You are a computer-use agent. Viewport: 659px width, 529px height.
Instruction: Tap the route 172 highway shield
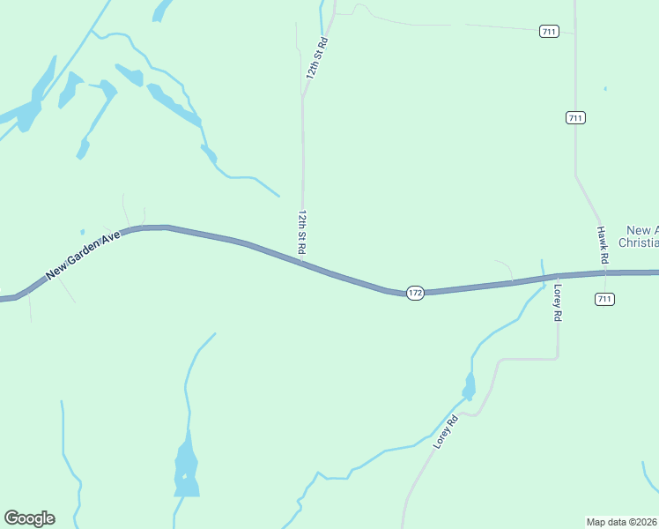click(x=416, y=292)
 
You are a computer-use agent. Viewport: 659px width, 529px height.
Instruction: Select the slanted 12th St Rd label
click(x=317, y=58)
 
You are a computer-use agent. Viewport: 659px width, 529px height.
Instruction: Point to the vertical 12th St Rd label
click(x=301, y=233)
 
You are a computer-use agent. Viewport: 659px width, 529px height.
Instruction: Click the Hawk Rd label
click(x=603, y=246)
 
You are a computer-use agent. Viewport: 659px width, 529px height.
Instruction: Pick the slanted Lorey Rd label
click(x=447, y=432)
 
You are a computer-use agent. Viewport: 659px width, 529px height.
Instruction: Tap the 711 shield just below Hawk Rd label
click(x=604, y=299)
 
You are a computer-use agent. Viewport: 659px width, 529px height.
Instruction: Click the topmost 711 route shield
click(x=549, y=32)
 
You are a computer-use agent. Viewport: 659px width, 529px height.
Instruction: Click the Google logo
click(x=29, y=518)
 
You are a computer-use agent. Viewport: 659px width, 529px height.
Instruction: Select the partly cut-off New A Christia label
click(x=640, y=235)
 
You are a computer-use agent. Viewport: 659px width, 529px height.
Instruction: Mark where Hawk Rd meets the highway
click(x=604, y=273)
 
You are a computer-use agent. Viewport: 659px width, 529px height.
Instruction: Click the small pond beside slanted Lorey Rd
click(x=470, y=385)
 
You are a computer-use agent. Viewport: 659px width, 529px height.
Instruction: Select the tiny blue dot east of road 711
click(x=605, y=88)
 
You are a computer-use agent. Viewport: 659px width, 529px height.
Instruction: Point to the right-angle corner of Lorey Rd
click(x=558, y=357)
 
